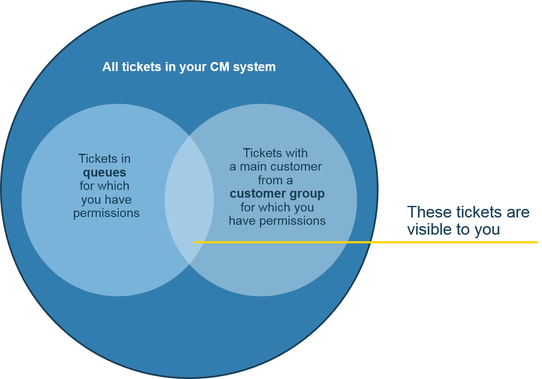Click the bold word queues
click(x=105, y=173)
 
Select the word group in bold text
click(x=306, y=194)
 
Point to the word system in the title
click(x=255, y=67)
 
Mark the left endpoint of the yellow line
click(x=195, y=242)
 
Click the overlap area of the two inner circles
click(x=189, y=200)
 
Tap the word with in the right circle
click(x=297, y=153)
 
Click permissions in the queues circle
click(x=106, y=213)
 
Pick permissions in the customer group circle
click(x=297, y=221)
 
